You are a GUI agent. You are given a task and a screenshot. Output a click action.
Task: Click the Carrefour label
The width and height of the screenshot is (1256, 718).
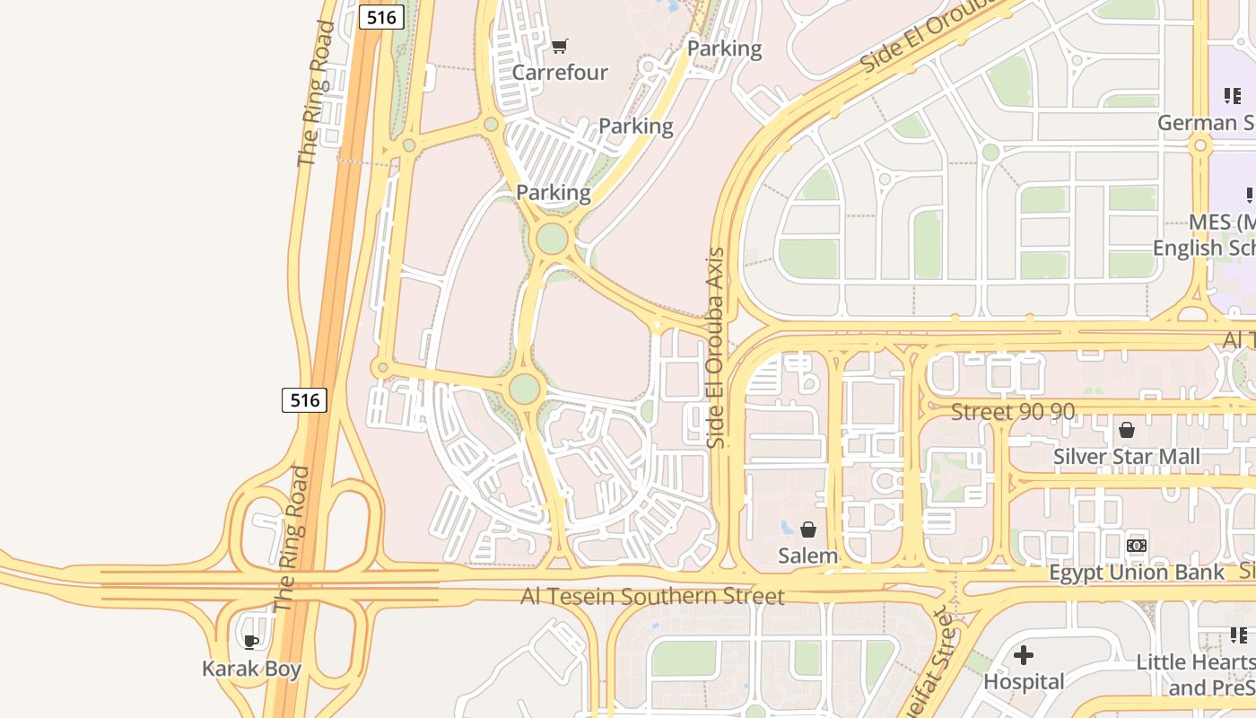tap(560, 73)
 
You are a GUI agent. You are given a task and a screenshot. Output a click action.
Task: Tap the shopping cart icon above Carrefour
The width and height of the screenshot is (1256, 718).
tap(560, 46)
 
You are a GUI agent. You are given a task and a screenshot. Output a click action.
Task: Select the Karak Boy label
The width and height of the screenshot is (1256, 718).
tap(251, 669)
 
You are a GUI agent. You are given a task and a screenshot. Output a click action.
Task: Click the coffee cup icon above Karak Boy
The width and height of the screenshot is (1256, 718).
tap(251, 642)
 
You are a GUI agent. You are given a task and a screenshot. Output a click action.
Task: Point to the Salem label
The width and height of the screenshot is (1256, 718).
tap(807, 556)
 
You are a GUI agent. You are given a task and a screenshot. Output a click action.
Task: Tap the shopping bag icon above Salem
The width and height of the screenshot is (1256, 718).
tap(808, 530)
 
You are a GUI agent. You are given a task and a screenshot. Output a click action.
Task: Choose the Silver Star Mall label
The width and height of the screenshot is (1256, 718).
tap(1126, 457)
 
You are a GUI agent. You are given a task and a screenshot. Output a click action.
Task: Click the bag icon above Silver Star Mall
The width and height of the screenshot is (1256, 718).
tap(1127, 430)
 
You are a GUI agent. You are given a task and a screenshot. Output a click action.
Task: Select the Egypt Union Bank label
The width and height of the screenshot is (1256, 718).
tap(1137, 573)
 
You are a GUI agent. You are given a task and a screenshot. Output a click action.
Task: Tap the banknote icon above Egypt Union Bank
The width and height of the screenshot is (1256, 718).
tap(1137, 546)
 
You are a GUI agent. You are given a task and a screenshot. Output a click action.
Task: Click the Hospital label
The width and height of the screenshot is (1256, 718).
tap(1024, 682)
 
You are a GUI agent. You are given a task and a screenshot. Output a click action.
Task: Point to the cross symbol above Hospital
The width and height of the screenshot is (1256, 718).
tap(1024, 655)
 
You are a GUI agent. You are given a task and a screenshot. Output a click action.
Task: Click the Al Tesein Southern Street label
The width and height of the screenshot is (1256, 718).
tap(652, 597)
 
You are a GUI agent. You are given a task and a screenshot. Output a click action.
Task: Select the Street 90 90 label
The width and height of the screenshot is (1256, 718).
tap(1013, 412)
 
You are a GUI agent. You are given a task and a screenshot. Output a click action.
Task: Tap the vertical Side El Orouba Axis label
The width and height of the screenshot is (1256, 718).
tap(715, 348)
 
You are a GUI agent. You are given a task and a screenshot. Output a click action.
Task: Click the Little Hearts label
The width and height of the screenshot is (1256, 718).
tap(1195, 662)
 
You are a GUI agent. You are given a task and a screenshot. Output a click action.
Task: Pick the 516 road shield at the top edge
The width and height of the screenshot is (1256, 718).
tap(381, 16)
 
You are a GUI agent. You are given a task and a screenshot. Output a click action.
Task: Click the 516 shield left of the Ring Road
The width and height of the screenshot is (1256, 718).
tap(305, 399)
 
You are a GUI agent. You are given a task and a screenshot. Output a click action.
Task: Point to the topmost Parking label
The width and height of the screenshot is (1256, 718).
tap(724, 48)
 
